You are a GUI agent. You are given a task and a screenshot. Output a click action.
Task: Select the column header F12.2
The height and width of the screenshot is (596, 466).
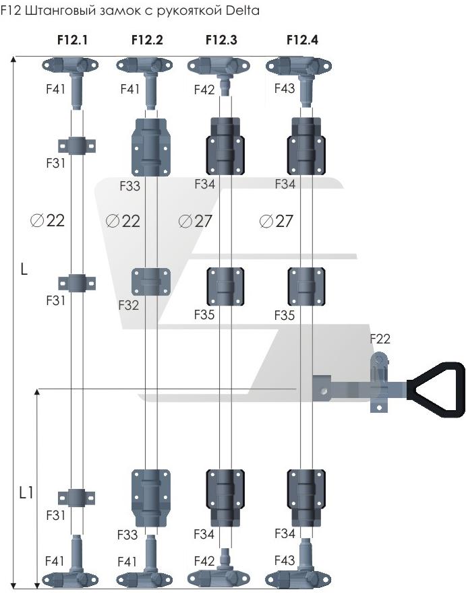pos(147,40)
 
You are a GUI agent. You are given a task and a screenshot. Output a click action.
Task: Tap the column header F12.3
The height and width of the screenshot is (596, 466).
pos(221,40)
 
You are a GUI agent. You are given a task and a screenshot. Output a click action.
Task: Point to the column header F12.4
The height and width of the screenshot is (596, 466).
pos(302,40)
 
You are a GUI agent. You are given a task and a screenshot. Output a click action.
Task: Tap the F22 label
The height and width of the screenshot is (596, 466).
pos(380,339)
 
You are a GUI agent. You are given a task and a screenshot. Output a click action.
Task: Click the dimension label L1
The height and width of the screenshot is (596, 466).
pos(26,494)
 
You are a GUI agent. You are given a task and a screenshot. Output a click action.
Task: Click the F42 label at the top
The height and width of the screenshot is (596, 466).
pos(204,90)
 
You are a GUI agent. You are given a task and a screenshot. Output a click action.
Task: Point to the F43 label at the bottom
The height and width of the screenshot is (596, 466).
pos(285,560)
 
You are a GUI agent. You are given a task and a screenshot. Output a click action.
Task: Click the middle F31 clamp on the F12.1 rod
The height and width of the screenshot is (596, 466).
pos(77,282)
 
